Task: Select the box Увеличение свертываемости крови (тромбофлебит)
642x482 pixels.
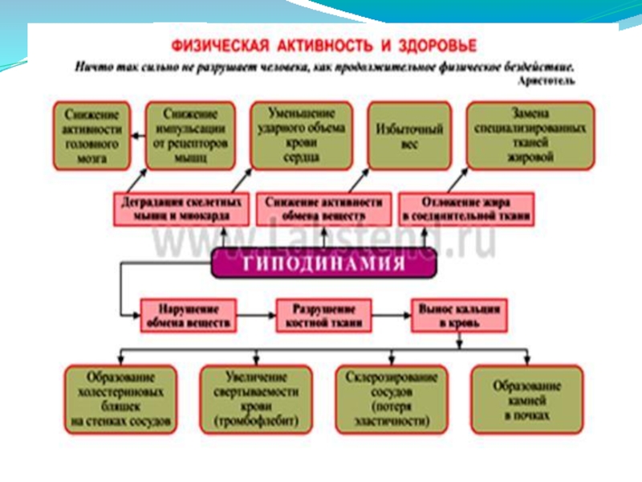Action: pyautogui.click(x=256, y=397)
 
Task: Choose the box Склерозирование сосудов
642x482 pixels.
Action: pyautogui.click(x=392, y=397)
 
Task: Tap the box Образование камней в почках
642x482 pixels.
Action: pyautogui.click(x=527, y=397)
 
